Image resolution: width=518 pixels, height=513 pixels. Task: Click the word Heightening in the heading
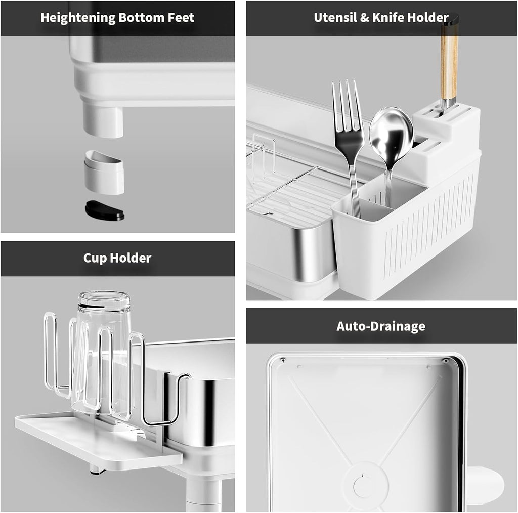pos(78,18)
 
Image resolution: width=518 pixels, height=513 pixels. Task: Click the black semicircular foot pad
pos(105,211)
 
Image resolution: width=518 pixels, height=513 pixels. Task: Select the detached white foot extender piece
pos(104,172)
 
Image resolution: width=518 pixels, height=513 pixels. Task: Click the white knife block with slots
pos(447,136)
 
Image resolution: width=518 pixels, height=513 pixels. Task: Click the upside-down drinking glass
pos(102,352)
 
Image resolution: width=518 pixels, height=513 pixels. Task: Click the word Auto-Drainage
pos(381,326)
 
